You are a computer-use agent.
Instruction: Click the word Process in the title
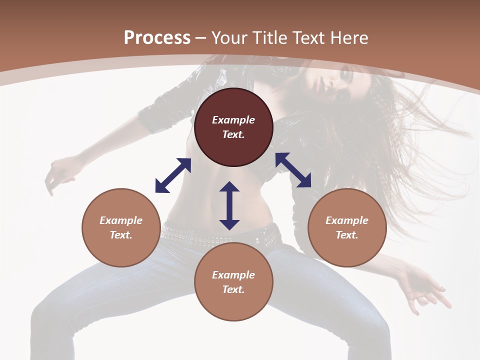pyautogui.click(x=157, y=38)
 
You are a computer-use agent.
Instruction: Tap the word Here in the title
pyautogui.click(x=349, y=38)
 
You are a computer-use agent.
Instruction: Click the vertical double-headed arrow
pyautogui.click(x=229, y=205)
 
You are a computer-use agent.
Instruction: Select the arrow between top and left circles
pyautogui.click(x=173, y=175)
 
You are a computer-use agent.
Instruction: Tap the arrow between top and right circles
pyautogui.click(x=293, y=170)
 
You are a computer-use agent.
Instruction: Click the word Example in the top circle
pyautogui.click(x=233, y=120)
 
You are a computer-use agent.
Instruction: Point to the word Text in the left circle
pyautogui.click(x=121, y=235)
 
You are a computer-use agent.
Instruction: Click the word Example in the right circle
pyautogui.click(x=347, y=220)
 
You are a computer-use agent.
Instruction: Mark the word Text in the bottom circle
pyautogui.click(x=233, y=289)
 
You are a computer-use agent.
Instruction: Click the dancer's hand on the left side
pyautogui.click(x=57, y=172)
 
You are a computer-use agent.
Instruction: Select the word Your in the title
pyautogui.click(x=227, y=38)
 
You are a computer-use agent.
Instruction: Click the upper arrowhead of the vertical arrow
pyautogui.click(x=229, y=187)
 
